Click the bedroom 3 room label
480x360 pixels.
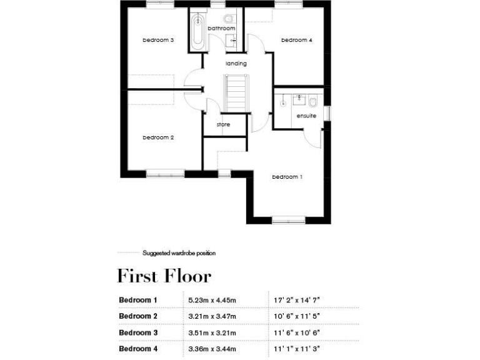pyautogui.click(x=158, y=40)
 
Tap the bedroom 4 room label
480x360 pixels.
pyautogui.click(x=296, y=40)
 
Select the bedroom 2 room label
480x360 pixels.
pyautogui.click(x=158, y=137)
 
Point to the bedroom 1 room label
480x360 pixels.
pyautogui.click(x=287, y=177)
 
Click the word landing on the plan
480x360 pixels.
pyautogui.click(x=236, y=64)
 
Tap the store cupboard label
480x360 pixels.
pyautogui.click(x=223, y=124)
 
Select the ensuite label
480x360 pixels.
pyautogui.click(x=306, y=116)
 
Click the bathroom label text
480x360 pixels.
pyautogui.click(x=221, y=29)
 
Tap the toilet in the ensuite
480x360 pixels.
pyautogui.click(x=313, y=101)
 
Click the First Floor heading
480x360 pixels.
pyautogui.click(x=164, y=276)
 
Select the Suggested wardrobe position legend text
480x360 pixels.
pyautogui.click(x=179, y=253)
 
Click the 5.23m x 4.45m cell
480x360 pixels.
pyautogui.click(x=212, y=300)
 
